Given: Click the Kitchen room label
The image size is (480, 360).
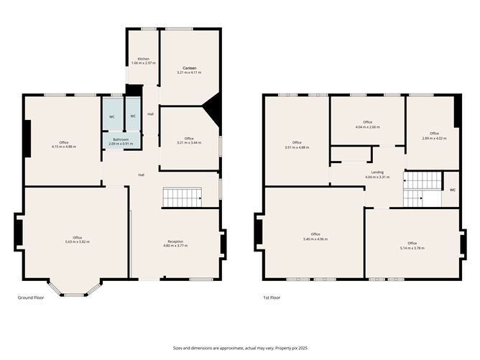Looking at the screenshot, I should click(143, 58).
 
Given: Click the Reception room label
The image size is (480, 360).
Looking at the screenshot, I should click(175, 241).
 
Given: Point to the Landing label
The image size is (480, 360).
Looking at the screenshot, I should click(377, 172).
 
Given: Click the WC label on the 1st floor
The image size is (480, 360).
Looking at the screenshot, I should click(452, 190).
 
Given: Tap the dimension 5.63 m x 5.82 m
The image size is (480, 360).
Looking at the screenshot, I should click(77, 242).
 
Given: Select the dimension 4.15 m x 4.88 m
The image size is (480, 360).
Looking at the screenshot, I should click(64, 147).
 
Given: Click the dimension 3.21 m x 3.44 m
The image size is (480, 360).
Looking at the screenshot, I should click(189, 143).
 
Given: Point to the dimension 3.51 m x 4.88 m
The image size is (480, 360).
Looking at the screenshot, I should click(297, 147).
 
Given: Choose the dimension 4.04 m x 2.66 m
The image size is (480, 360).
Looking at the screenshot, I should click(368, 127).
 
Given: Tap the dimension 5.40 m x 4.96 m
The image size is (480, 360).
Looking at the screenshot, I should click(315, 239).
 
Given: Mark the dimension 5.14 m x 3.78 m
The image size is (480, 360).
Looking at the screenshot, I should click(412, 248).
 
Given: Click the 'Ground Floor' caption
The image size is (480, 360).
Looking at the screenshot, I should click(31, 297).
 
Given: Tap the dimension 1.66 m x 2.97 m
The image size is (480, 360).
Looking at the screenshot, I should click(143, 63).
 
